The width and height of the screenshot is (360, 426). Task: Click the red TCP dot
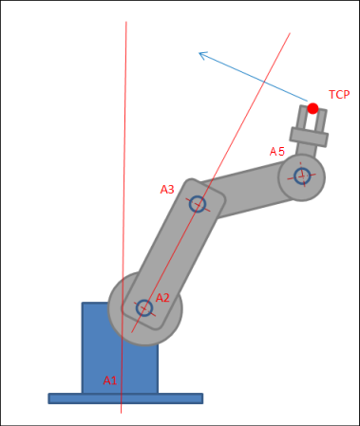313,108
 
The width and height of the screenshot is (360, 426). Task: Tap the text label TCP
339,95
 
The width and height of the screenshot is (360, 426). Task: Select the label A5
277,151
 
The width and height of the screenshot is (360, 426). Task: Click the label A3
167,190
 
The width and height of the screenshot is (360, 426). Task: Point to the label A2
162,298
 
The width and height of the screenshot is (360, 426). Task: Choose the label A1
110,380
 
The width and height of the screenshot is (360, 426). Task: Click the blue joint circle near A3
197,203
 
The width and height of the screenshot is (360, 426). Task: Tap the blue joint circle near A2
143,307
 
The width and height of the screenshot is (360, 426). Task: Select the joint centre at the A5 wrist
302,176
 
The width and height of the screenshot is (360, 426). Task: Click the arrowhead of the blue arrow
200,54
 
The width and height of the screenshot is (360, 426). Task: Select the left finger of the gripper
303,118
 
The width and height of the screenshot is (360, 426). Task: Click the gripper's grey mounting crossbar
309,139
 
